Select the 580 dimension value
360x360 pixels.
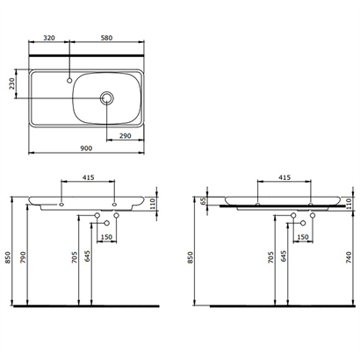coord(106,39)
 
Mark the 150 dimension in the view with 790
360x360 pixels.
coord(106,237)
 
